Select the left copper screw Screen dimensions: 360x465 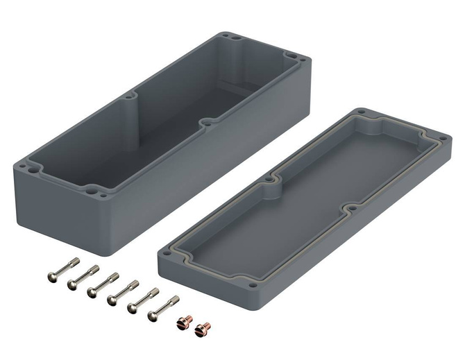(185, 323)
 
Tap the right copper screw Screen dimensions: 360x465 (203, 326)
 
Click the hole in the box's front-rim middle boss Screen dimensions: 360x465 (205, 123)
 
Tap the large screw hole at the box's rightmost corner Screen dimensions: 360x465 (291, 59)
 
